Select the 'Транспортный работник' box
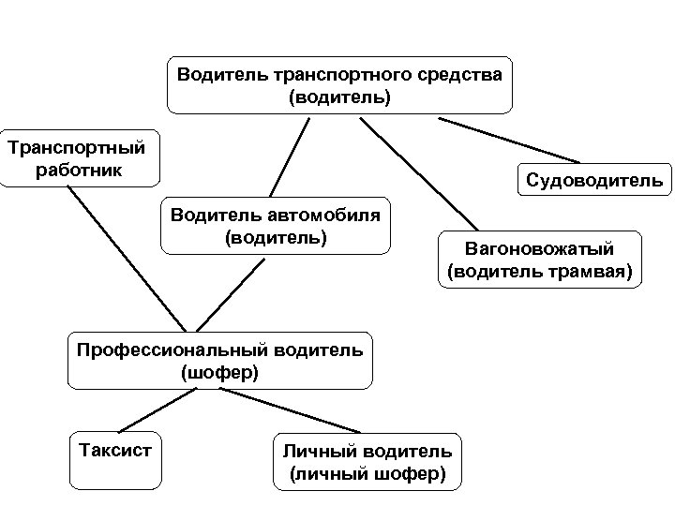77,159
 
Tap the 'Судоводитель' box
593,179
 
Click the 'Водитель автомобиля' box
275,226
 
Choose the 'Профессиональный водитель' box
219,360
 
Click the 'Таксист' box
110,459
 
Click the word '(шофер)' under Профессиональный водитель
219,372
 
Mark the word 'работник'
78,171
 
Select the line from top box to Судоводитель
511,141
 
